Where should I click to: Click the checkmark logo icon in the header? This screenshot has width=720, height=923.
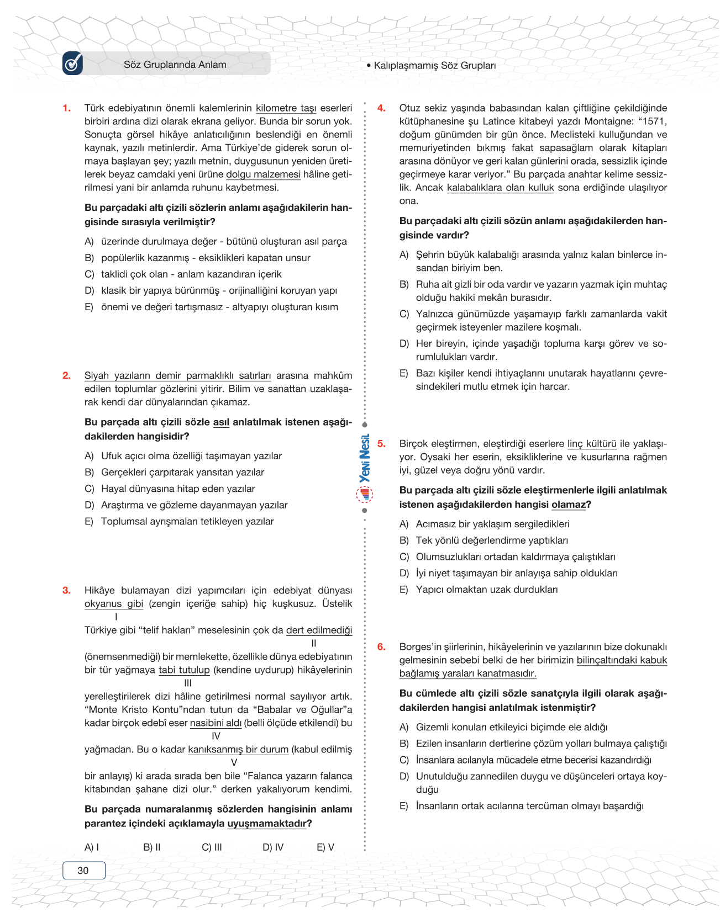coord(73,63)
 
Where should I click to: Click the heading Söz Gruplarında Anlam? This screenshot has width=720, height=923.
coord(175,65)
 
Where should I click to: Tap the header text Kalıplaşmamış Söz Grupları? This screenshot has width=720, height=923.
coord(434,65)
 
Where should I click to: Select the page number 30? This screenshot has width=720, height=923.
coord(83,871)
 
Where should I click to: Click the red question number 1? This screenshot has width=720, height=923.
coord(67,108)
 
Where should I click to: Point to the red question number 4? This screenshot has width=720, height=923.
coord(381,108)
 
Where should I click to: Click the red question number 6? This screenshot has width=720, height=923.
coord(381,647)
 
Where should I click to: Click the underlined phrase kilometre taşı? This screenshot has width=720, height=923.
coord(286,108)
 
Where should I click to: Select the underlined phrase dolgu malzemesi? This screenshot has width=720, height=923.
coord(263,174)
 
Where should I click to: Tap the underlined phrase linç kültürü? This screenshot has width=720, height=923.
coord(592,444)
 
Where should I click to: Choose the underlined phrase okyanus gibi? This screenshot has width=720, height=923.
coord(114,604)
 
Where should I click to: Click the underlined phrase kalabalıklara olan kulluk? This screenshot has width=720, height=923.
coord(500,188)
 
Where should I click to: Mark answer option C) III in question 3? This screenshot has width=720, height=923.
coord(212,847)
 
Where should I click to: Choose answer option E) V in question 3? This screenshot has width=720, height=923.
coord(325,847)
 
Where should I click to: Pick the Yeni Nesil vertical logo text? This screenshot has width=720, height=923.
coord(365,459)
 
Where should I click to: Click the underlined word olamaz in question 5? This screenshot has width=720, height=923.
coord(568,505)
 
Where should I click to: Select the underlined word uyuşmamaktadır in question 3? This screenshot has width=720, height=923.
coord(267,824)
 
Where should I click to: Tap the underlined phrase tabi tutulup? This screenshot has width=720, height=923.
coord(184,670)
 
